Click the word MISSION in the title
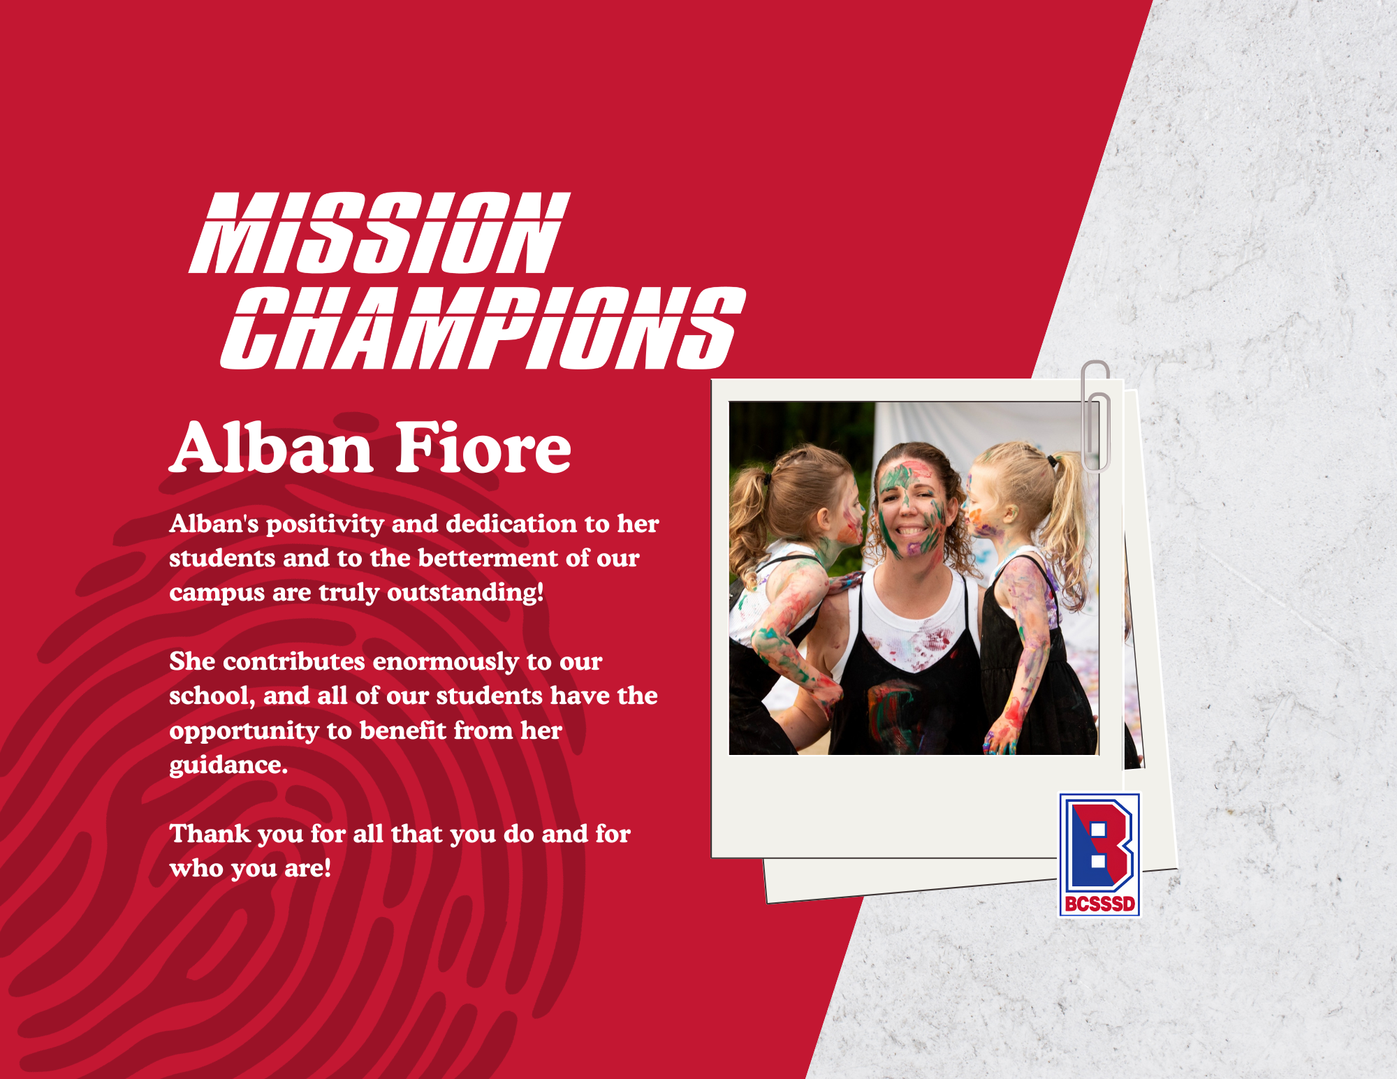tap(380, 233)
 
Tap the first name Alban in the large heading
tap(272, 448)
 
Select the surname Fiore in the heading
tap(484, 448)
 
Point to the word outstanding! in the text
tap(465, 593)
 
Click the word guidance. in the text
tap(228, 765)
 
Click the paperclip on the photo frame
tap(1095, 416)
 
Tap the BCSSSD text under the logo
tap(1099, 904)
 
